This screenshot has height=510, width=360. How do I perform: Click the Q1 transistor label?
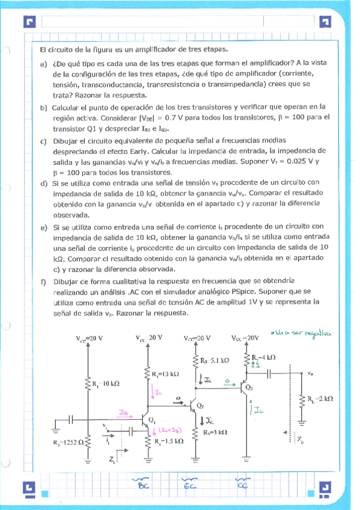pos(153,419)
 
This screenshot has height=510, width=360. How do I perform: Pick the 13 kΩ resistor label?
pos(166,374)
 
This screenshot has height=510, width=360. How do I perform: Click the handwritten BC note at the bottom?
pos(143,485)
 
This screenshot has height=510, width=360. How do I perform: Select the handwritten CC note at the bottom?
pos(242,485)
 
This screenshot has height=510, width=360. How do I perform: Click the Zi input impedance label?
pos(112,460)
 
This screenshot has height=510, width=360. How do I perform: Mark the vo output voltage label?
pos(310,373)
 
